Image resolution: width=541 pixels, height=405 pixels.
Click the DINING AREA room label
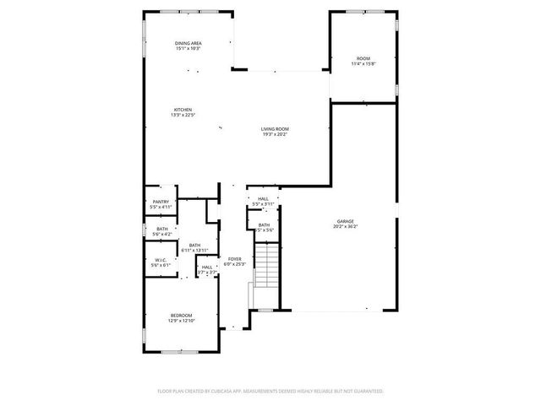point(188,43)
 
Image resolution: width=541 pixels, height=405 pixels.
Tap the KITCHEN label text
point(183,110)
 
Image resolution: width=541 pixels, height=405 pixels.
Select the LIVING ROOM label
point(275,128)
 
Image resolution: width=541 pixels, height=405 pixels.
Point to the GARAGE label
point(345,221)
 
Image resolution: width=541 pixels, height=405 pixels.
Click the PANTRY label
point(161,202)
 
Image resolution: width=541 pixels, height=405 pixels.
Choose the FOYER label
point(234,259)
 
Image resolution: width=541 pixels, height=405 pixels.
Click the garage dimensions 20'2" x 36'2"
point(345,226)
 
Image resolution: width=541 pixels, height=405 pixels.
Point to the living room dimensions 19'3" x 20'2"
point(275,133)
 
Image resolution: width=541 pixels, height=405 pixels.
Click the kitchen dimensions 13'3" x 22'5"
point(183,115)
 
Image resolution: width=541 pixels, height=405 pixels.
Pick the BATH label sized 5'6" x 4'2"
point(161,229)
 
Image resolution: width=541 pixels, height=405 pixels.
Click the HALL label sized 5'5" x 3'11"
point(263,199)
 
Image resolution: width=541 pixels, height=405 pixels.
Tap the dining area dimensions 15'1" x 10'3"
point(188,48)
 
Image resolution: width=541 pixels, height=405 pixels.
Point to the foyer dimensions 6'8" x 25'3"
point(234,264)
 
